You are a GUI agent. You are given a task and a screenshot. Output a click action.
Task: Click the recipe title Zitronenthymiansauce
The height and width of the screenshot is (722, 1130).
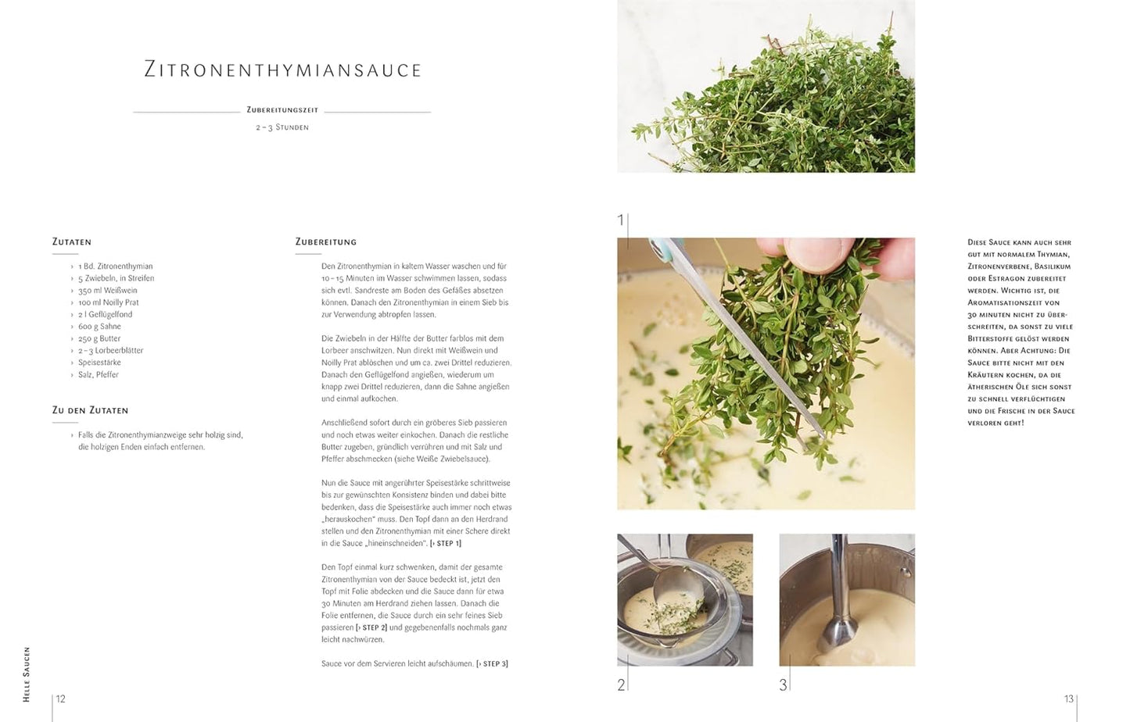click(x=283, y=70)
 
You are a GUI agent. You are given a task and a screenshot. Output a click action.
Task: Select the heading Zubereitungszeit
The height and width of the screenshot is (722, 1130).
click(x=282, y=110)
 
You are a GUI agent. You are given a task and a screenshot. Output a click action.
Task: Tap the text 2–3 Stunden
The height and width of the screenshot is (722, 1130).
click(x=282, y=127)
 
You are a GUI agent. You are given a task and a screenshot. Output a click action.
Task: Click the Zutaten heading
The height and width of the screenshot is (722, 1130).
click(x=72, y=242)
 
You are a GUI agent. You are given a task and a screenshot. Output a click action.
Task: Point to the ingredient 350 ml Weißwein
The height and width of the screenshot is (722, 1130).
click(x=107, y=291)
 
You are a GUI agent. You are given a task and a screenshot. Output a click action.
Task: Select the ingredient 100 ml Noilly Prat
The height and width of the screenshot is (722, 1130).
click(x=108, y=302)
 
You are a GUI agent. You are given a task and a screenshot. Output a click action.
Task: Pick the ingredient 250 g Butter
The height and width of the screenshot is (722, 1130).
click(x=99, y=338)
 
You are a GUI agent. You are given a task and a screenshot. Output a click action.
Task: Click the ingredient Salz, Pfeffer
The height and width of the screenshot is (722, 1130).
click(x=98, y=375)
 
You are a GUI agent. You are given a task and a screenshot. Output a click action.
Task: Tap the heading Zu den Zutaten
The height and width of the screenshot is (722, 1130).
click(x=90, y=410)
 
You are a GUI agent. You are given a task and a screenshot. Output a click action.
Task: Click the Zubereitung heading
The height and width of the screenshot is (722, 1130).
click(x=326, y=242)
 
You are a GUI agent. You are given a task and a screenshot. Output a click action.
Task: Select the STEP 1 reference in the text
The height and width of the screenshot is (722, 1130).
click(x=446, y=544)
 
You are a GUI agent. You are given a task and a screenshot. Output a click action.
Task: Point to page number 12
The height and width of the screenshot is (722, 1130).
click(x=61, y=699)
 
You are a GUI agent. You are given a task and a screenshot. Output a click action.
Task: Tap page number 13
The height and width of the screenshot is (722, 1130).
click(x=1068, y=699)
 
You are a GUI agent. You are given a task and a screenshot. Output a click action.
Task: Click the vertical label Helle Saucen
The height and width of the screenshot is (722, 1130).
click(x=27, y=674)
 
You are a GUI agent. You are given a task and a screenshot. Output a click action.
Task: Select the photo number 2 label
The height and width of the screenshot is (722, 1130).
click(x=621, y=685)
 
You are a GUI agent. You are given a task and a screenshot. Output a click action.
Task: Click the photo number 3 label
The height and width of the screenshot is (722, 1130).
click(x=783, y=685)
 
